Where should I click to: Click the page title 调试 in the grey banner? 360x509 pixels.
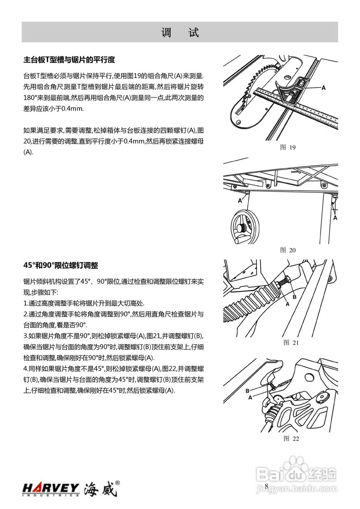point(180,33)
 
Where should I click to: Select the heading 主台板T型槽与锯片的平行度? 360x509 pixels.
point(69,60)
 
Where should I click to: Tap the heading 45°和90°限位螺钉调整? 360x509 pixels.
point(61,265)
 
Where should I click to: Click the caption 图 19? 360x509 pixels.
point(288,148)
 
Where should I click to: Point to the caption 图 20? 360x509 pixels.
point(288,250)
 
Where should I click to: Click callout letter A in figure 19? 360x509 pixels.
point(323,87)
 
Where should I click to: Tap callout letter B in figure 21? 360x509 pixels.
point(294,297)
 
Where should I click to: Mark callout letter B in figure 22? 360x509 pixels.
point(247,390)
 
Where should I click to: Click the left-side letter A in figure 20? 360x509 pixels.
point(239,201)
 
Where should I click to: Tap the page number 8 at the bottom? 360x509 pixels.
point(267,486)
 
